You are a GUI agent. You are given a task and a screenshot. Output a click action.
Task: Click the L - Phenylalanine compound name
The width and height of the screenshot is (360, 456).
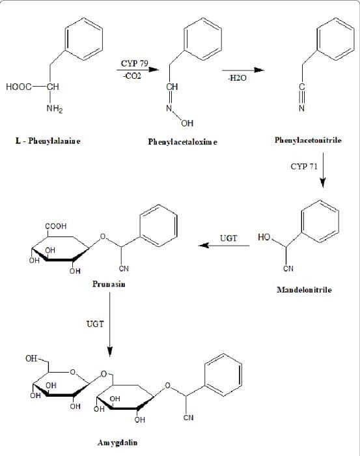coord(48,141)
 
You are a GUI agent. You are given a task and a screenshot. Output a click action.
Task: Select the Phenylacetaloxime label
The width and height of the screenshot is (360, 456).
coord(182,142)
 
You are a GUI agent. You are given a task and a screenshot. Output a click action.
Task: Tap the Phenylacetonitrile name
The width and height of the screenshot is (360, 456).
coord(308,140)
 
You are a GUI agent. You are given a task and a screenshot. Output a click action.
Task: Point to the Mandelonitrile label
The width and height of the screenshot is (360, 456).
coord(304,290)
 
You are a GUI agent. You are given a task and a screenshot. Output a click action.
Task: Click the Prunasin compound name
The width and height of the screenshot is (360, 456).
coord(109,284)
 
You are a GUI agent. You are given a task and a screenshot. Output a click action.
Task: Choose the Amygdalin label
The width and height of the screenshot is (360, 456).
coord(117,442)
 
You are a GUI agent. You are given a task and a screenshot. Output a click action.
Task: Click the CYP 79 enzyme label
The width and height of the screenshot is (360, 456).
coord(135,63)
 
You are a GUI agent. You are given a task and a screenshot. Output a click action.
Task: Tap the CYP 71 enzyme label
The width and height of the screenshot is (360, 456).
coord(304,166)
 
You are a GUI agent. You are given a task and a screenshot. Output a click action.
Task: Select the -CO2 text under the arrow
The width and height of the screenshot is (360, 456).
coord(132,76)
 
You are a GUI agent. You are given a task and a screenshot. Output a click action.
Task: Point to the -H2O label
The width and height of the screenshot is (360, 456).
coord(238,78)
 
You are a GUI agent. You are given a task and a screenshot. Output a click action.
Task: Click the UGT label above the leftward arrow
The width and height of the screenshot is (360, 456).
coord(228,238)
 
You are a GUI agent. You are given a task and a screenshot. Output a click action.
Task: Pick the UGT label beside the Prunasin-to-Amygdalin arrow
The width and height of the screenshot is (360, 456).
coord(95,324)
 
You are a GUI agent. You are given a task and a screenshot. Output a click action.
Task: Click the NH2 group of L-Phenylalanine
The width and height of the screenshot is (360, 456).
coord(55,109)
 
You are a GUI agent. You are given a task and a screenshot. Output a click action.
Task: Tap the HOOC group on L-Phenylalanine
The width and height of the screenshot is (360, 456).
coord(19,87)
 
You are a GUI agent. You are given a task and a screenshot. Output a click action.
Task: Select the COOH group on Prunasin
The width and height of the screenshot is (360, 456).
coord(56,226)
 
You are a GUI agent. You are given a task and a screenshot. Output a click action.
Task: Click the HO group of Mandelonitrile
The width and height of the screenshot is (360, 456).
coord(264,237)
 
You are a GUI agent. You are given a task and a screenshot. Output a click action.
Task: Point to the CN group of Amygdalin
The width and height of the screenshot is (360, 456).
coord(188,418)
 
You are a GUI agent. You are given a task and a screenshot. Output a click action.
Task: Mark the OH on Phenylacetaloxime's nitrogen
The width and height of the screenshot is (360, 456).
coord(187,123)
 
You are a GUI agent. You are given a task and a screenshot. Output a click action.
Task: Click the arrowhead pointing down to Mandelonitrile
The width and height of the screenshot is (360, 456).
coord(322,183)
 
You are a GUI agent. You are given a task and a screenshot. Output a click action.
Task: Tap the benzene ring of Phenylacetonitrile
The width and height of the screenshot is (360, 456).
coord(335,39)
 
